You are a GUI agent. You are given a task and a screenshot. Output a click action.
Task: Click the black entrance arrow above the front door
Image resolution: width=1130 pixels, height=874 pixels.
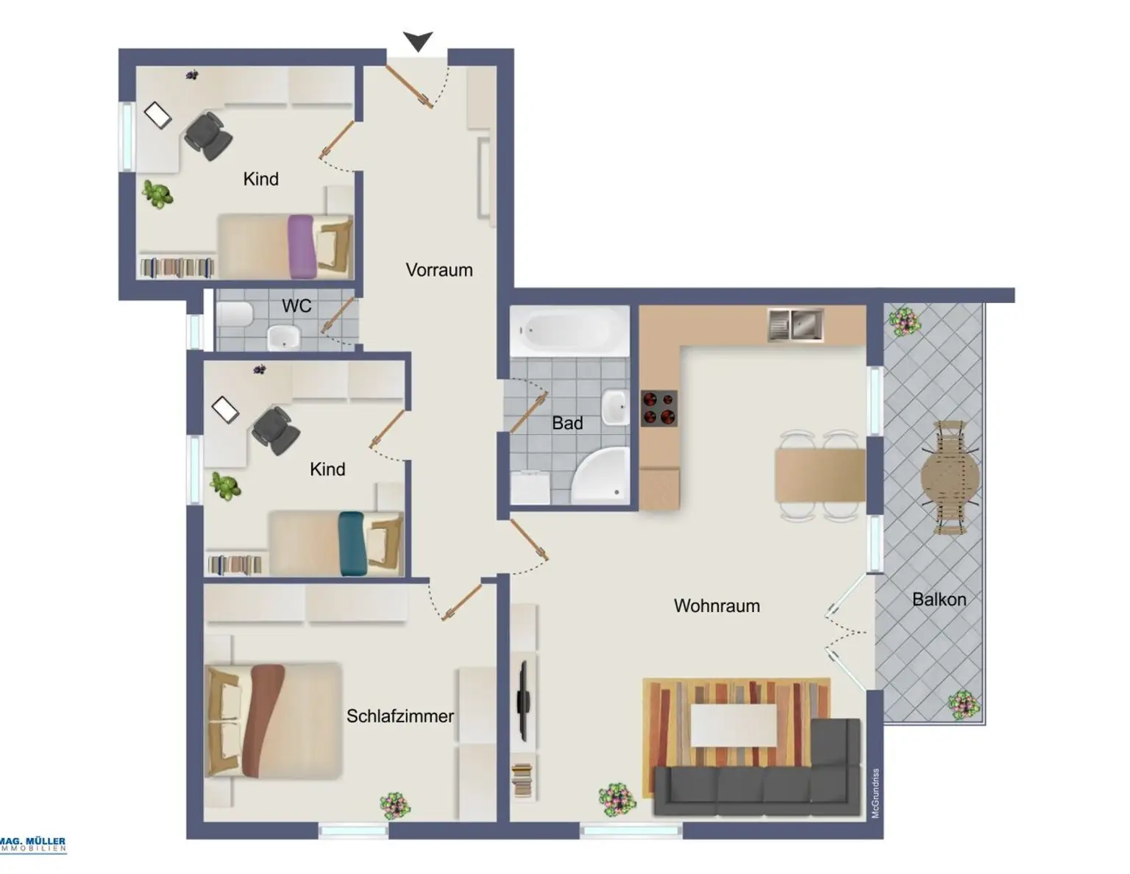point(418,41)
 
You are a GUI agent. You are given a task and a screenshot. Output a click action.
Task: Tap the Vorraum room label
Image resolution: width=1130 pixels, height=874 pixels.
point(439,270)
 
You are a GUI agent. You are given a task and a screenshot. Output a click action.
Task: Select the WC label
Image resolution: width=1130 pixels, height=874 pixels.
point(296,306)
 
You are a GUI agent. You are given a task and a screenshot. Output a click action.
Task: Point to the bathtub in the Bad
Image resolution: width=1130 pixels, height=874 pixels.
point(569,330)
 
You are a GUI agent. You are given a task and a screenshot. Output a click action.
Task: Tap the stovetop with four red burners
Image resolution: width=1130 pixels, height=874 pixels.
point(659,408)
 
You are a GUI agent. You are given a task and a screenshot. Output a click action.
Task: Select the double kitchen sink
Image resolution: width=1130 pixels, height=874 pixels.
point(795,325)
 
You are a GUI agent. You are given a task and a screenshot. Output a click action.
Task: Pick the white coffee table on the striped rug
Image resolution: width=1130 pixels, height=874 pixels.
point(733,725)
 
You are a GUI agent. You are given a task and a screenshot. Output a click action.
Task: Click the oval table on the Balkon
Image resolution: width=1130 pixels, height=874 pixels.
point(950,477)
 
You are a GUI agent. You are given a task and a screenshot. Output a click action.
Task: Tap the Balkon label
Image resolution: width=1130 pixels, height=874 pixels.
point(939,600)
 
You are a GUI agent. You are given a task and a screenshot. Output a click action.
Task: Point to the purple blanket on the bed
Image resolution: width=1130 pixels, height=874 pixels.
point(302,246)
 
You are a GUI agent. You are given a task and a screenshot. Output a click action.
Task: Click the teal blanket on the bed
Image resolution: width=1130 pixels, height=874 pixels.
point(352,544)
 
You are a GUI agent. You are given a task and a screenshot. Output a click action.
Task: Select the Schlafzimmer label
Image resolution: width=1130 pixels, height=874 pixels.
point(400,716)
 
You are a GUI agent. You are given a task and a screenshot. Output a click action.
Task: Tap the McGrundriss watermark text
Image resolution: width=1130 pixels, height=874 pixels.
point(875,793)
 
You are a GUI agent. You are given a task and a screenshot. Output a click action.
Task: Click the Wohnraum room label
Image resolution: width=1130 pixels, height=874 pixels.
point(717,605)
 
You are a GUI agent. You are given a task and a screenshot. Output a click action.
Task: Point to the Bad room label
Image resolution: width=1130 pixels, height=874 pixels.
point(567,423)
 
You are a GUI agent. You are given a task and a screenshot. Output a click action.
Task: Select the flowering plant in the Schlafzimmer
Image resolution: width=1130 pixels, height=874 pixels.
point(395,806)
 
